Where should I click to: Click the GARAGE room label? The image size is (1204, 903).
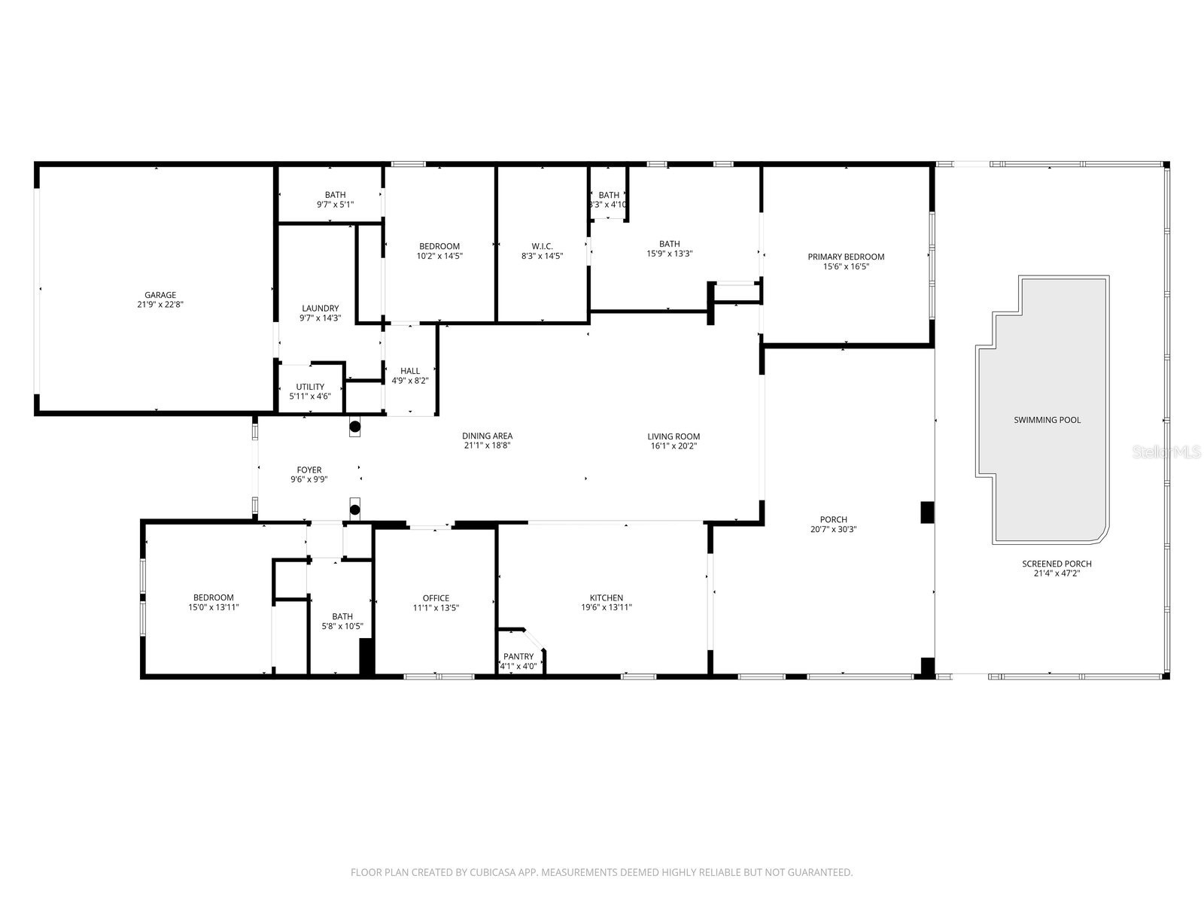click(x=160, y=295)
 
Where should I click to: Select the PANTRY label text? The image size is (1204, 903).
click(x=518, y=656)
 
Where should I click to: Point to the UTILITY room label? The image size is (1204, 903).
click(x=310, y=387)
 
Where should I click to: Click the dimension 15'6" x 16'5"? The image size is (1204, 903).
click(x=846, y=266)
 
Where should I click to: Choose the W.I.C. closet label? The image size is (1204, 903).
click(x=542, y=246)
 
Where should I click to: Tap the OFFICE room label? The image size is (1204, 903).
click(x=436, y=598)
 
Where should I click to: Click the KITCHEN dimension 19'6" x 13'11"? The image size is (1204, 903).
click(x=606, y=607)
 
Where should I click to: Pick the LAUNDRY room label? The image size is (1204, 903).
click(x=321, y=308)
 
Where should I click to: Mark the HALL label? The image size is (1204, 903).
click(x=410, y=370)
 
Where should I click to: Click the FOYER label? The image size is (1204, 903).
click(x=309, y=470)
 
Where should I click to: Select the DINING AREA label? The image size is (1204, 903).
click(x=487, y=436)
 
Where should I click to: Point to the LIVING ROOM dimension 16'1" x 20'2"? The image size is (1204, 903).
click(x=673, y=445)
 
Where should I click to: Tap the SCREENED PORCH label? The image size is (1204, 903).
click(x=1057, y=564)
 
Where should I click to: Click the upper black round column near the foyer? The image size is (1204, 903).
click(x=355, y=427)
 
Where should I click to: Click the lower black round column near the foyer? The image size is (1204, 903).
click(x=355, y=509)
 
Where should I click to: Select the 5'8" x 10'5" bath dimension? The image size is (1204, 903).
click(x=342, y=626)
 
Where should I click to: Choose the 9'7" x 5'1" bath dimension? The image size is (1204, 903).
click(x=336, y=204)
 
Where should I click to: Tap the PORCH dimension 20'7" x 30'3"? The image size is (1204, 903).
click(x=833, y=529)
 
